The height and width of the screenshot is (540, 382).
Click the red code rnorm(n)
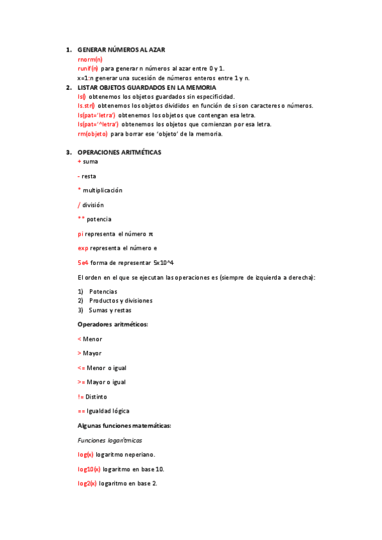90,59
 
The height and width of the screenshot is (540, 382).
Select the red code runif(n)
88,68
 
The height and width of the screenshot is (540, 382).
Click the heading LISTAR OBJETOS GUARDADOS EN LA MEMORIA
147,87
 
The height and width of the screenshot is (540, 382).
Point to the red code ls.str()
86,106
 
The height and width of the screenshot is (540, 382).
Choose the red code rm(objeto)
92,134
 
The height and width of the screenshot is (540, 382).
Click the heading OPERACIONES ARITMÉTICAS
119,153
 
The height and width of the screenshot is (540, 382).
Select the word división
92,205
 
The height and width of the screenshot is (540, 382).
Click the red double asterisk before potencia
81,220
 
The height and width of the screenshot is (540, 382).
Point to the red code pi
80,234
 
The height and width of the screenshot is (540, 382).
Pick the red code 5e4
83,262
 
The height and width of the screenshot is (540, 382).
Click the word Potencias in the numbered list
103,291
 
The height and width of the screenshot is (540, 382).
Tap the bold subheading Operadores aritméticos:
112,325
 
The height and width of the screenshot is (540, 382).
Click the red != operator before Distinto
80,397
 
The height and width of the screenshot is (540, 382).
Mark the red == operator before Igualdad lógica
81,411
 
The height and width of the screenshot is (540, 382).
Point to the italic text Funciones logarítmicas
110,440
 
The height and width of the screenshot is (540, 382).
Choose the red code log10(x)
89,469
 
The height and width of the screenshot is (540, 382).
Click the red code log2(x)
87,483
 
